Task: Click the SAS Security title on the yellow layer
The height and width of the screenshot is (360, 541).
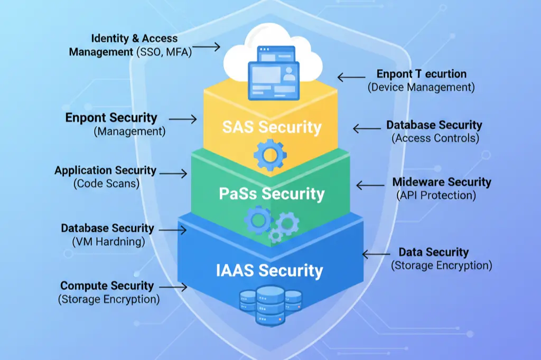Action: point(272,127)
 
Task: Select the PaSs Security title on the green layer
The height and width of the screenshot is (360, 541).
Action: point(272,194)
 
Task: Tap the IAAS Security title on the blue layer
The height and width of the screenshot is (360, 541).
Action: point(269,270)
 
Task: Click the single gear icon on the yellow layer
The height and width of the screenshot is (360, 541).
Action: point(269,154)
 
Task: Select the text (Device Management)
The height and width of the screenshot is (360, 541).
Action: point(421,87)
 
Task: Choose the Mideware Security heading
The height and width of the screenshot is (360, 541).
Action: point(441,182)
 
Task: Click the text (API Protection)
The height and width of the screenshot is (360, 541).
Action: point(436,195)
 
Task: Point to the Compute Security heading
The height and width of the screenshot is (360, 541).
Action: point(107,286)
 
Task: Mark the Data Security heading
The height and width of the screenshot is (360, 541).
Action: point(433,252)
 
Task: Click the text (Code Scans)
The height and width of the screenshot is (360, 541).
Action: point(106,184)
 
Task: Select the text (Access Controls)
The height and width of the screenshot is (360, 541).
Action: point(435,138)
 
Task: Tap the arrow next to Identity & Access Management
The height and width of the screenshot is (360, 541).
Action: point(209,47)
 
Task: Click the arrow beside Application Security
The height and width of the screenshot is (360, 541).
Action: point(174,173)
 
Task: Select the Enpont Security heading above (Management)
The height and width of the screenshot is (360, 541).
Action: point(111,118)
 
